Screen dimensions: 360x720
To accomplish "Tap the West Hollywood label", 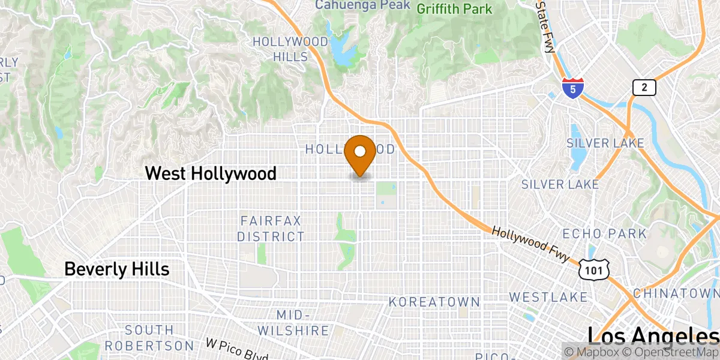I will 211,174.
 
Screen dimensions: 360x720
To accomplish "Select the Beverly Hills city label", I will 116,269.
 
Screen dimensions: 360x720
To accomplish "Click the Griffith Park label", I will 454,9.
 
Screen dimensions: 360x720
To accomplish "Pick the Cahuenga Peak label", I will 363,5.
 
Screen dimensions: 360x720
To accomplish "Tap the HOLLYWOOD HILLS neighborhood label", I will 290,49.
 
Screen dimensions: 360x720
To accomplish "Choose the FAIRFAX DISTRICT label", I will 271,229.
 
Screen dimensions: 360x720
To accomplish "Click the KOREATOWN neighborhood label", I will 434,302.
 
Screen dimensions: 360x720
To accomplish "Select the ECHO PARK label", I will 604,233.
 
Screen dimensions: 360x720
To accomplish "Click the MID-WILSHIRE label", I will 294,323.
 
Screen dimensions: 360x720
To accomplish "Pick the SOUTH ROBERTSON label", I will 149,338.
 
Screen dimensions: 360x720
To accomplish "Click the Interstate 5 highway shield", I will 573,88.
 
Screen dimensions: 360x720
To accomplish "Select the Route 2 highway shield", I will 644,88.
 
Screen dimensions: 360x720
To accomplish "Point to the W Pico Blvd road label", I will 236,349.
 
